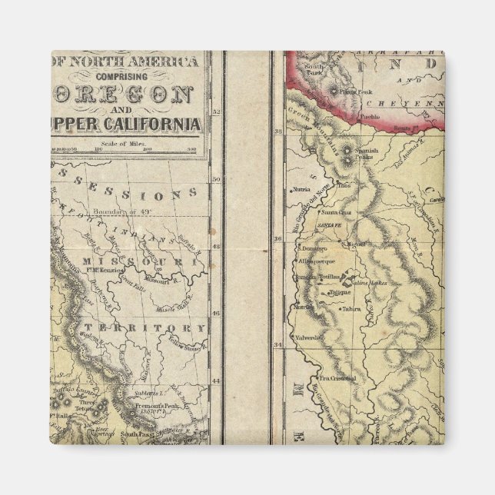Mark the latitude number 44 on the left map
(x=216, y=380)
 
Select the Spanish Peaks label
(x=366, y=154)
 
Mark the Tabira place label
(x=352, y=309)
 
